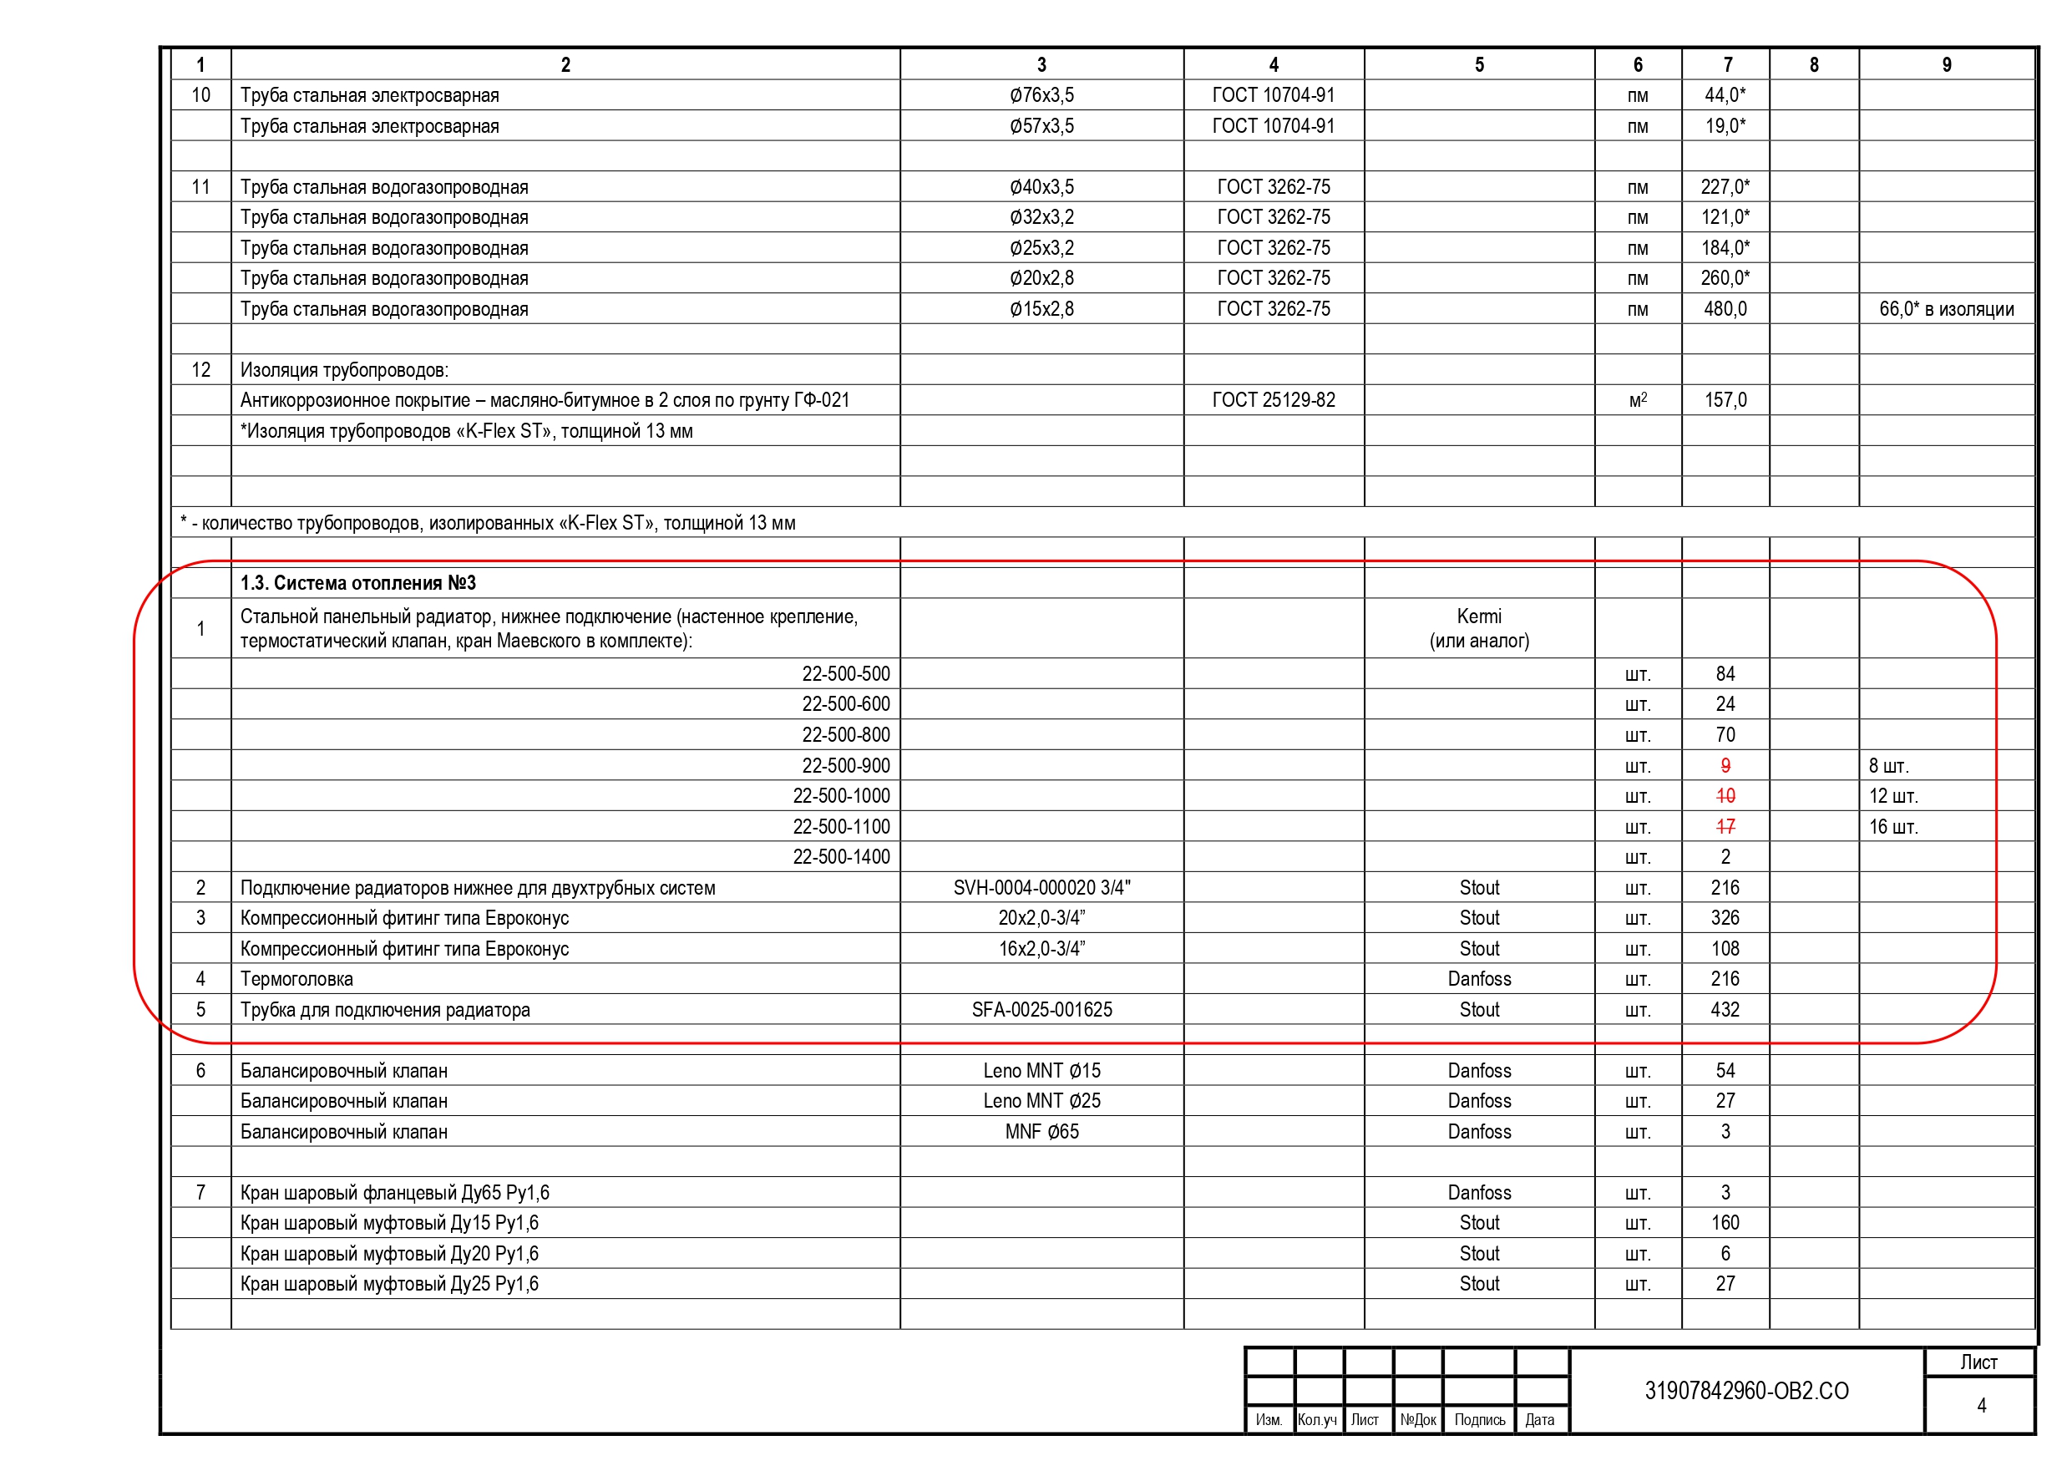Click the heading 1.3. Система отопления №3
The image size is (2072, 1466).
(x=357, y=583)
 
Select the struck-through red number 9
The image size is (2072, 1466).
(x=1725, y=765)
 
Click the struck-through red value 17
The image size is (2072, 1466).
(x=1725, y=826)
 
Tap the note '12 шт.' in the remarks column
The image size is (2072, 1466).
(x=1892, y=796)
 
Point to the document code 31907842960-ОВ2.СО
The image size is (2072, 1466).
(x=1746, y=1390)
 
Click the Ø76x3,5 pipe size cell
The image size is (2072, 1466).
(x=1041, y=94)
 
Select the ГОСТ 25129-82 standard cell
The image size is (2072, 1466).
(x=1274, y=400)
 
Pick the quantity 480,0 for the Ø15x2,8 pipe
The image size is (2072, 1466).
(x=1725, y=309)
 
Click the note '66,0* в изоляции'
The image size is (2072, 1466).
(x=1946, y=309)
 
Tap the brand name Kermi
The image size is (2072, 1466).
(x=1479, y=616)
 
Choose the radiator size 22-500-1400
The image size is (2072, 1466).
(x=841, y=857)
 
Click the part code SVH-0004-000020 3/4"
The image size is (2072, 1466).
(x=1041, y=887)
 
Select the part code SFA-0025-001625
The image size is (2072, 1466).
(x=1041, y=1009)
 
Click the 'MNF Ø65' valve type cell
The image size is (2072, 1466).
(x=1041, y=1131)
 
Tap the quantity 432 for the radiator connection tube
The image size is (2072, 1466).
(x=1725, y=1009)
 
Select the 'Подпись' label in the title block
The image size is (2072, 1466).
(x=1479, y=1420)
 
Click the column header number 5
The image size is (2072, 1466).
(x=1479, y=65)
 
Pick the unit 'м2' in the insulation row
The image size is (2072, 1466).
(x=1637, y=400)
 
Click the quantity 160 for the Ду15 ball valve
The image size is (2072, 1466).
(x=1725, y=1222)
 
